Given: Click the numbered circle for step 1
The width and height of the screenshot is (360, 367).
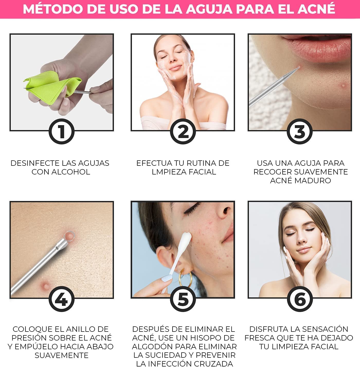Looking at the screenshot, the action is click(61, 131).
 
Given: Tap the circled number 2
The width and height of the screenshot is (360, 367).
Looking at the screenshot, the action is click(183, 131).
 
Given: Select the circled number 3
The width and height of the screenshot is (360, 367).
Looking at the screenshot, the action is click(300, 131).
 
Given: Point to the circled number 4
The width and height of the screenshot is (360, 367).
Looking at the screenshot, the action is click(61, 299).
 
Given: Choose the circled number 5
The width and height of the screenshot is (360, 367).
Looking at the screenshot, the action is click(183, 299).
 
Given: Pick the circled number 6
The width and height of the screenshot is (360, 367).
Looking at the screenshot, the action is click(300, 299).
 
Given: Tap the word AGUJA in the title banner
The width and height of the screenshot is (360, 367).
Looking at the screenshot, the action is click(209, 9).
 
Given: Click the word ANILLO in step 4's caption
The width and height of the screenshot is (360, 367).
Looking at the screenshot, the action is click(78, 329).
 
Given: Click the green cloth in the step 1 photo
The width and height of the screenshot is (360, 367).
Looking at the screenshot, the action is click(52, 87).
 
